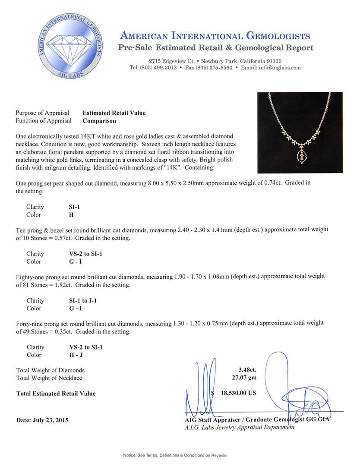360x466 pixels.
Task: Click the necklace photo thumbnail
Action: tap(300, 132)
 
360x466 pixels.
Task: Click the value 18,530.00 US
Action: tap(239, 394)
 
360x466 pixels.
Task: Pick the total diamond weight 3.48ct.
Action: tap(247, 370)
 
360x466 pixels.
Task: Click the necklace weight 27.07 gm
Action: tap(244, 378)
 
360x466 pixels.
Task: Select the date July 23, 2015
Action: tap(42, 420)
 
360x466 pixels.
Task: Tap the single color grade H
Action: tap(66, 214)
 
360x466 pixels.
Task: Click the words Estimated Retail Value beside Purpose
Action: tap(114, 113)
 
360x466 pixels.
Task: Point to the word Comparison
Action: tap(99, 121)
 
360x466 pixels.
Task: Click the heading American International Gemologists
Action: tap(215, 36)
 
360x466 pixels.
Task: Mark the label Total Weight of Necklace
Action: tap(49, 378)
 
